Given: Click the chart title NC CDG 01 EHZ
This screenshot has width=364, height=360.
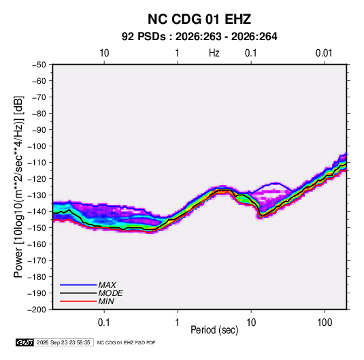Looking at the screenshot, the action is [x=199, y=19].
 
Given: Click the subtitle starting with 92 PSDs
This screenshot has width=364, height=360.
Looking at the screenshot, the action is [x=199, y=37].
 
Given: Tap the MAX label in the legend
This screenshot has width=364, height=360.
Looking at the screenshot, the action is [x=107, y=284].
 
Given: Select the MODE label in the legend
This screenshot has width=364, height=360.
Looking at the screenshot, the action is [x=110, y=293].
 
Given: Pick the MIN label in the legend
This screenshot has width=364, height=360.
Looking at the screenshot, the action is [x=106, y=301].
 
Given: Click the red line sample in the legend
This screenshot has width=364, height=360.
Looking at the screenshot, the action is [x=78, y=301].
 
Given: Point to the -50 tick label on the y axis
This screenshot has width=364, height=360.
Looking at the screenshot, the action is [x=39, y=65].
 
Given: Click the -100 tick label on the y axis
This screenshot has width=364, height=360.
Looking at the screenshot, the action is [x=37, y=146].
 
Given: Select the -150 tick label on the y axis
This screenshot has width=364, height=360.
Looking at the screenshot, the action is [x=37, y=227].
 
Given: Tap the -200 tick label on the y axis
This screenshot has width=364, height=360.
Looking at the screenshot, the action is [x=37, y=310].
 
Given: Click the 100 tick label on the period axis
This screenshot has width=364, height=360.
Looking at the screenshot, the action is [x=325, y=322].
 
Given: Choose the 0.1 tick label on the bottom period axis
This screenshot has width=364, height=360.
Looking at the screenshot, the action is [x=104, y=322].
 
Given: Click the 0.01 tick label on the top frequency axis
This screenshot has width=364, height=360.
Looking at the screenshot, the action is [x=324, y=53].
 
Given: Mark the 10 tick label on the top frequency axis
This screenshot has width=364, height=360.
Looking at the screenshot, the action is [x=104, y=53].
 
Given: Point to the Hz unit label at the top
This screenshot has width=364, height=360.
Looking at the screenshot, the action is [x=214, y=53].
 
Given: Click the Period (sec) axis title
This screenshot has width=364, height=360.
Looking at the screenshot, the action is [x=214, y=330].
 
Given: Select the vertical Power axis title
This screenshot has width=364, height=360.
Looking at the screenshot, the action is [x=18, y=186].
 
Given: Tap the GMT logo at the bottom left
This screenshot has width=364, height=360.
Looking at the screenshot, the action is [x=25, y=342].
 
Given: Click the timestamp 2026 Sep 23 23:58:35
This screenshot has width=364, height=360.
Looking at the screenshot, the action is [x=63, y=342].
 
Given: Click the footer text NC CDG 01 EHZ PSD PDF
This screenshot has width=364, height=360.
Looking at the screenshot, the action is [x=126, y=342].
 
